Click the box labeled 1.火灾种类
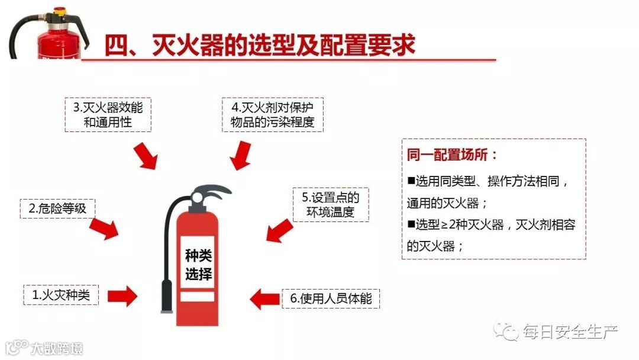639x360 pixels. pos(61,294)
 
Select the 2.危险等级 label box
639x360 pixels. pos(57,208)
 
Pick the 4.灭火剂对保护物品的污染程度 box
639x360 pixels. pos(272,115)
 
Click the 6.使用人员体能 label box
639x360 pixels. pos(331,298)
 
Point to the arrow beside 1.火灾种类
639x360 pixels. pos(122,295)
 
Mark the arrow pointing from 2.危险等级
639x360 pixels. pos(104,227)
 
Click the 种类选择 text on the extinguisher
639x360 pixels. pos(198,265)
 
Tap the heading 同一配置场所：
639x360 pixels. pos(452,156)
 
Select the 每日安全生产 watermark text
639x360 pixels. pos(570,332)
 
